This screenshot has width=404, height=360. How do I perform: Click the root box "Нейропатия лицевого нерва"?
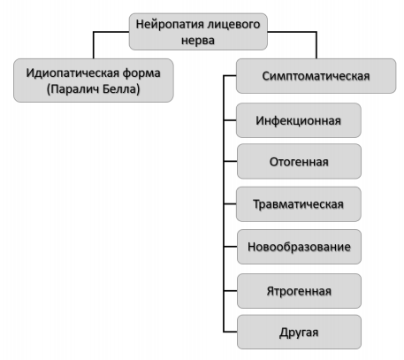(198, 32)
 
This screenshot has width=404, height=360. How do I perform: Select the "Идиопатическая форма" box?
(94, 80)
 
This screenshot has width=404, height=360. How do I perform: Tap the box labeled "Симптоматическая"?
(316, 76)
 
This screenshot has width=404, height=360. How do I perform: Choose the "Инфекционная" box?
(299, 120)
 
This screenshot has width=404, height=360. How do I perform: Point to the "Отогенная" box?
(299, 161)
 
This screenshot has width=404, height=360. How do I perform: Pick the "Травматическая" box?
(299, 204)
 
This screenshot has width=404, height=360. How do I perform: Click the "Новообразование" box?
(299, 247)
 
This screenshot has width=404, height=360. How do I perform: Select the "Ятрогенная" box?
(299, 291)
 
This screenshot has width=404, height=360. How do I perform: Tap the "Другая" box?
(299, 332)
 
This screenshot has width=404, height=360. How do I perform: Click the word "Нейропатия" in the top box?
(170, 24)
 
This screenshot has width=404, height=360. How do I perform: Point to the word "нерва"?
(198, 41)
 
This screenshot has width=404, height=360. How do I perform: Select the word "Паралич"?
(72, 88)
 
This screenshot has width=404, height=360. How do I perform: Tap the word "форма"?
(141, 73)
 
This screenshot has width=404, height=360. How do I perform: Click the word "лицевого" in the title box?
(233, 24)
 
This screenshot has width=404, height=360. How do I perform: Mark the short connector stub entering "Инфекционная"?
(230, 120)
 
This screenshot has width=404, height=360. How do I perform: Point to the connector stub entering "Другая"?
(231, 332)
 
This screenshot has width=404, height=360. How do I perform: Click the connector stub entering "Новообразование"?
(231, 247)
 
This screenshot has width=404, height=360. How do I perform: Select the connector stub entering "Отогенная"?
(231, 161)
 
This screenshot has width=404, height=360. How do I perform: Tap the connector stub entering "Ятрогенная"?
(231, 291)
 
